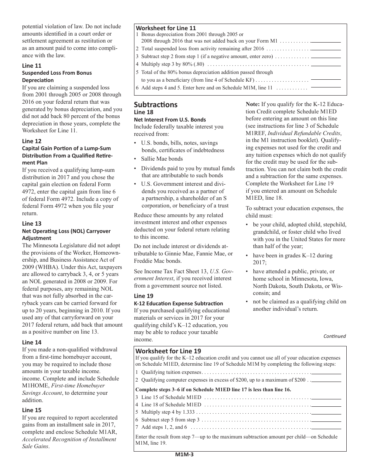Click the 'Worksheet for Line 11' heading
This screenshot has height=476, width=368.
[x=166, y=28]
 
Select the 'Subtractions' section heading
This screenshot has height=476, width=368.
[x=156, y=104]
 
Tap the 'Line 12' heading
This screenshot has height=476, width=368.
[x=31, y=141]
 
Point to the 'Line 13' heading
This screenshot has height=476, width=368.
[x=31, y=224]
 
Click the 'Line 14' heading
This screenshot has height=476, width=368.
[x=31, y=342]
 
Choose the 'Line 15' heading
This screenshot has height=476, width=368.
[x=31, y=410]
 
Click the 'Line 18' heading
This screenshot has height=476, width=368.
[x=144, y=112]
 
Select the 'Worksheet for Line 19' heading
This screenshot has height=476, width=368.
[x=168, y=351]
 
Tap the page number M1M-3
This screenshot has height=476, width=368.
[x=184, y=455]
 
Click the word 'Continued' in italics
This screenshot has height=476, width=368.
[x=334, y=336]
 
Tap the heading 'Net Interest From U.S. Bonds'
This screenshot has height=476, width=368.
[x=170, y=120]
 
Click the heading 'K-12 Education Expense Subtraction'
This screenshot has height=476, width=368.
[x=179, y=303]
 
